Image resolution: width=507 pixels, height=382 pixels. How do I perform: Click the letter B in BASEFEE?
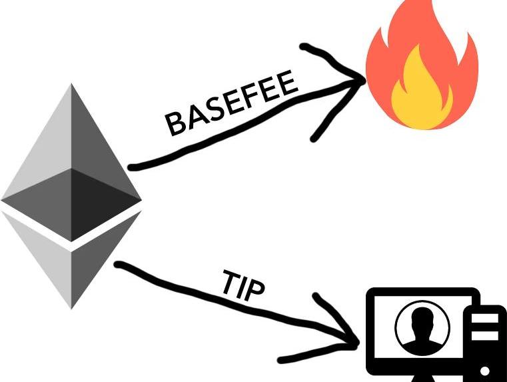point(176,125)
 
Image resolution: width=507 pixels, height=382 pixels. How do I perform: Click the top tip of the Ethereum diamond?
point(71,85)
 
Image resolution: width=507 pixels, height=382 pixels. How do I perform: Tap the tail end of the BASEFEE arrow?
point(131,166)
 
